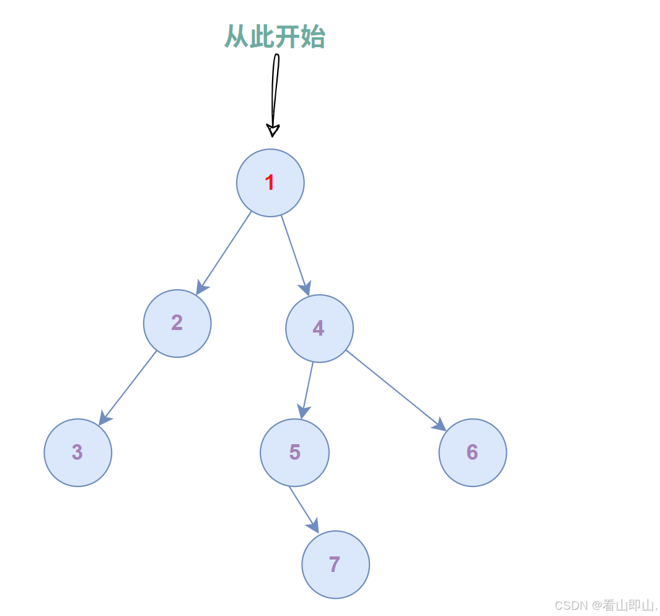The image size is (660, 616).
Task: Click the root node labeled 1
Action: pyautogui.click(x=270, y=183)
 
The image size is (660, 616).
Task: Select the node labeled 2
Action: pyautogui.click(x=177, y=323)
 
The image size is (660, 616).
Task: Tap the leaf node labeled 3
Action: pyautogui.click(x=78, y=453)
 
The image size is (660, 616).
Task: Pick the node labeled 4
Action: pyautogui.click(x=319, y=329)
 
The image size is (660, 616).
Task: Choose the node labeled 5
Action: pyautogui.click(x=294, y=453)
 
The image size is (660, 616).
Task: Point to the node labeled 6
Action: pyautogui.click(x=473, y=453)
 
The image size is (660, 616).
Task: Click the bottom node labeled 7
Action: pyautogui.click(x=335, y=565)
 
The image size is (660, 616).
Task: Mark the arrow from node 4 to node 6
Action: pyautogui.click(x=395, y=390)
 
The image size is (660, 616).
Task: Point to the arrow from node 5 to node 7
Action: pyautogui.click(x=303, y=509)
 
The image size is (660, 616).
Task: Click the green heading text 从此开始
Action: pyautogui.click(x=275, y=37)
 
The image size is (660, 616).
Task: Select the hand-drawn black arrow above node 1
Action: pyautogui.click(x=274, y=93)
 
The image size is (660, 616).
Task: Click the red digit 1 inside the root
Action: pyautogui.click(x=270, y=183)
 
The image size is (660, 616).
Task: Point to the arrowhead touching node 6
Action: pyautogui.click(x=439, y=425)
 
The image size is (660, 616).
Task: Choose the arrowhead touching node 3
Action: pyautogui.click(x=105, y=419)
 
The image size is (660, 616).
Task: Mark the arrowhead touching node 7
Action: pyautogui.click(x=314, y=525)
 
